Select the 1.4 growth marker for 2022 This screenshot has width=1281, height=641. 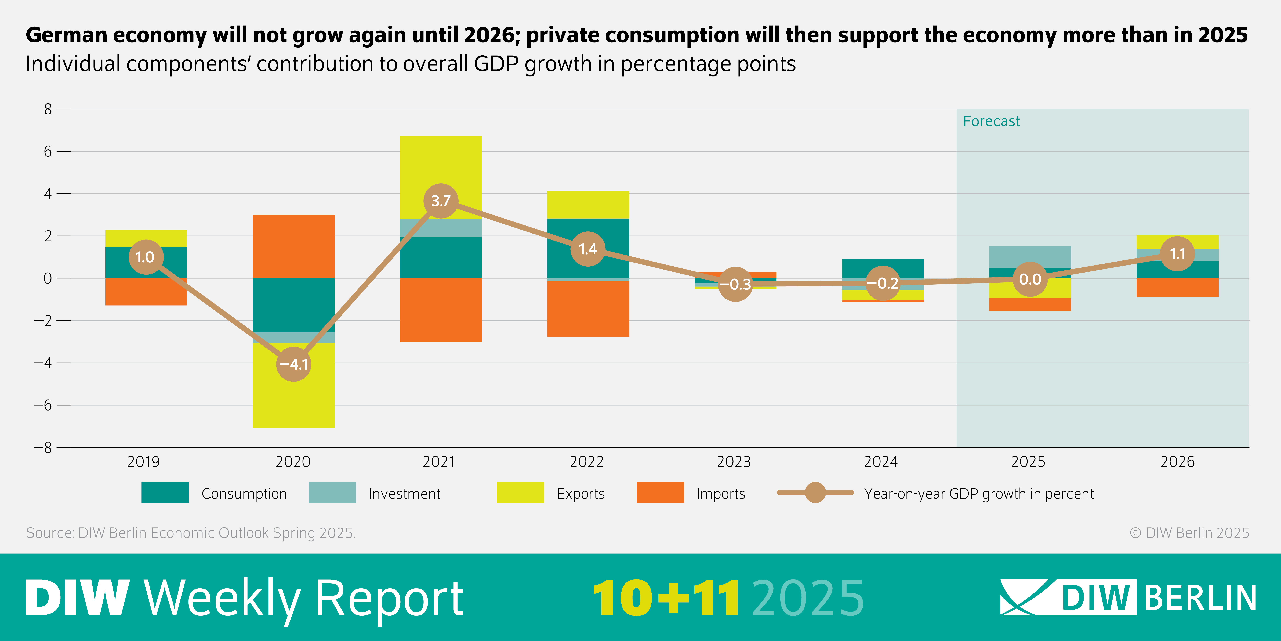(x=588, y=249)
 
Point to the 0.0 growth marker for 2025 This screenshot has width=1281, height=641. (x=1030, y=279)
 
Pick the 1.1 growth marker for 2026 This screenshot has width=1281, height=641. (x=1177, y=254)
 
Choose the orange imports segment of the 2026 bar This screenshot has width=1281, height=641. (x=1177, y=288)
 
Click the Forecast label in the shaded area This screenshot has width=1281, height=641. (x=991, y=121)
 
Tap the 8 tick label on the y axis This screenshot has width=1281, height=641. (x=48, y=109)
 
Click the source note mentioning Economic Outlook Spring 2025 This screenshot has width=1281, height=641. (x=191, y=533)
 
